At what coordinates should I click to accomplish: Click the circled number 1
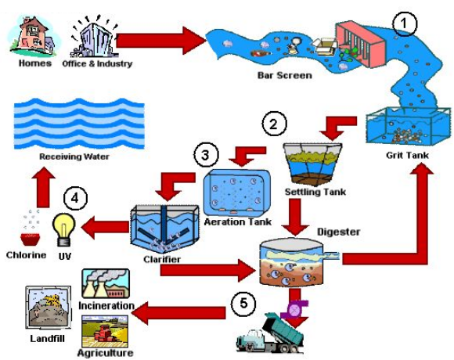405,23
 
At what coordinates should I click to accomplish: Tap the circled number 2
274,124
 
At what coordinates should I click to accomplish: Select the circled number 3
206,155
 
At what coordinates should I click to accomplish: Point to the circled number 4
75,199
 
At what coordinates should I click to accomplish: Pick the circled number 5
243,304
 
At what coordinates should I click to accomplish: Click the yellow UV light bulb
64,229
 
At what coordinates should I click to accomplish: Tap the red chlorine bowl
30,239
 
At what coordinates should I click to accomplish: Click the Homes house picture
33,36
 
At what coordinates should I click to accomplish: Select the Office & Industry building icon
94,37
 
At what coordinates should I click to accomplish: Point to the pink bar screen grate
361,45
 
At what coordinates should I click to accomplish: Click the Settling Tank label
315,192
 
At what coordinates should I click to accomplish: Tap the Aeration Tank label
238,221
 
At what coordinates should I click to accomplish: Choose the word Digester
338,232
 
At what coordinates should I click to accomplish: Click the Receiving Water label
74,157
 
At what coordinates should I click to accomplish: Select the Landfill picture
49,308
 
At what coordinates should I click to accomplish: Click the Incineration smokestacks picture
106,284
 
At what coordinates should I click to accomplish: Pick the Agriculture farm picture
105,331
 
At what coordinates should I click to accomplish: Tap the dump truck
270,333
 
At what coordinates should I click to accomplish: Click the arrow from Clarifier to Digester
207,270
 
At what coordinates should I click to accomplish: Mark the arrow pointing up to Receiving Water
43,187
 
